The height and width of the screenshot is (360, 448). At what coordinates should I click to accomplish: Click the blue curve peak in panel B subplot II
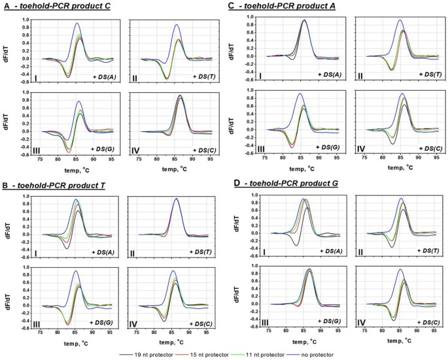tap(177, 199)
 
